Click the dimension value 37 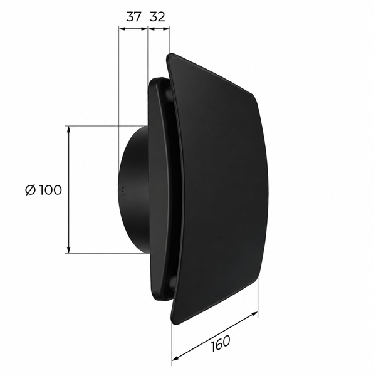click(133, 17)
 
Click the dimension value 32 click(157, 17)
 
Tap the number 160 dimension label click(221, 343)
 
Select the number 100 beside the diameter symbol click(50, 190)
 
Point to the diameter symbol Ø click(31, 190)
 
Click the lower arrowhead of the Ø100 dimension click(69, 249)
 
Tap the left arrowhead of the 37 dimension click(123, 29)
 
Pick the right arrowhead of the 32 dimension click(166, 29)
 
